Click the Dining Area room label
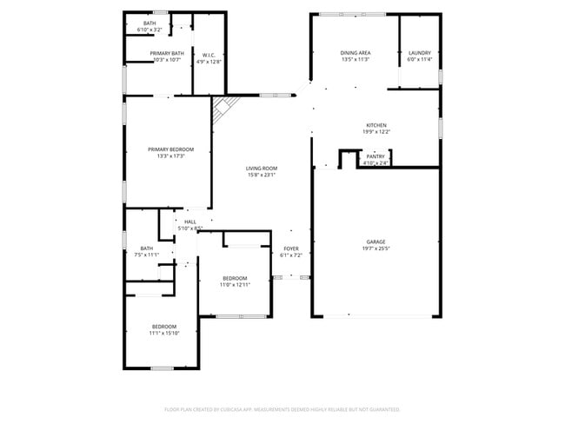(355, 53)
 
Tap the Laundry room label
(420, 53)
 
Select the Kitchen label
(376, 124)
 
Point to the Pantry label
(376, 156)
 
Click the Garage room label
(376, 242)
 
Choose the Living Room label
(261, 169)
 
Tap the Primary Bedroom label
(170, 149)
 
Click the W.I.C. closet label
(209, 55)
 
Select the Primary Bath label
(165, 53)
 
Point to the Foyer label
(291, 248)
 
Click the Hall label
(189, 222)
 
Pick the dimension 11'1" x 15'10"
(163, 333)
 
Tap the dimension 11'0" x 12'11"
(234, 284)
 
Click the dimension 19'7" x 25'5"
(376, 248)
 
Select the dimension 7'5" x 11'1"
(147, 255)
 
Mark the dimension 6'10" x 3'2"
(150, 30)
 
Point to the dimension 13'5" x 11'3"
(355, 60)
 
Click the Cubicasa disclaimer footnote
(282, 409)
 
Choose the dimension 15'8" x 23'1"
(261, 176)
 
